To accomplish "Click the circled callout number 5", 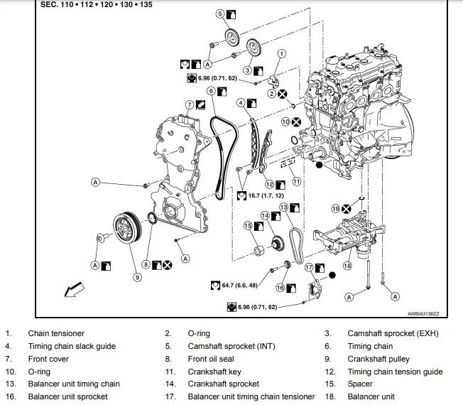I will coord(219,13).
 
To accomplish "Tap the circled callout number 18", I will coord(347,266).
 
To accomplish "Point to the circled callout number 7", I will coord(190,104).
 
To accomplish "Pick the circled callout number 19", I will coord(335,208).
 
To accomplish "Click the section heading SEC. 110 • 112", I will coord(97,5).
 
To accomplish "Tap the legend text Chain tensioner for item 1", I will coord(56,333).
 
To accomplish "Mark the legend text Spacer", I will coord(359,384).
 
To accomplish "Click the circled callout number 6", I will coord(211,90).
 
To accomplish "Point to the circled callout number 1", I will coord(281,53).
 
